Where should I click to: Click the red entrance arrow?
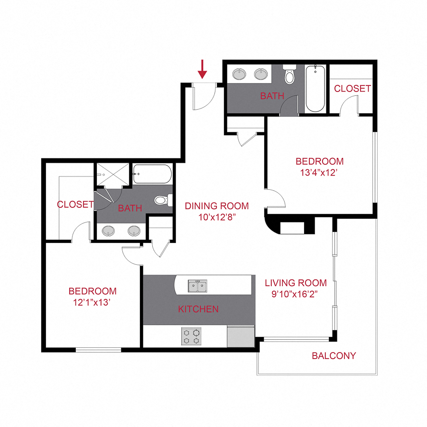[x=203, y=69]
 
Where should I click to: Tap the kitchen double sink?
[x=197, y=287]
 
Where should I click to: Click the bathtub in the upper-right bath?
[x=315, y=88]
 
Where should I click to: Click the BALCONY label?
[x=334, y=356]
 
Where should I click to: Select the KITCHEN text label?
[x=198, y=309]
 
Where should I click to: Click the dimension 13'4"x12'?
[x=319, y=173]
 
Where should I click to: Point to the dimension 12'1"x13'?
[x=92, y=303]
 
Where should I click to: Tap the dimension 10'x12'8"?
[x=217, y=218]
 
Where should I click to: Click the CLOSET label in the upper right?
[x=352, y=89]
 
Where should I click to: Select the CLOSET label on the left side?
[x=75, y=205]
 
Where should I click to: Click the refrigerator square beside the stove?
[x=241, y=336]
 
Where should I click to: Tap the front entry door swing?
[x=204, y=97]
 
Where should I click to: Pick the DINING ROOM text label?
[x=217, y=206]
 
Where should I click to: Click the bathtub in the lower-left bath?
[x=152, y=175]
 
